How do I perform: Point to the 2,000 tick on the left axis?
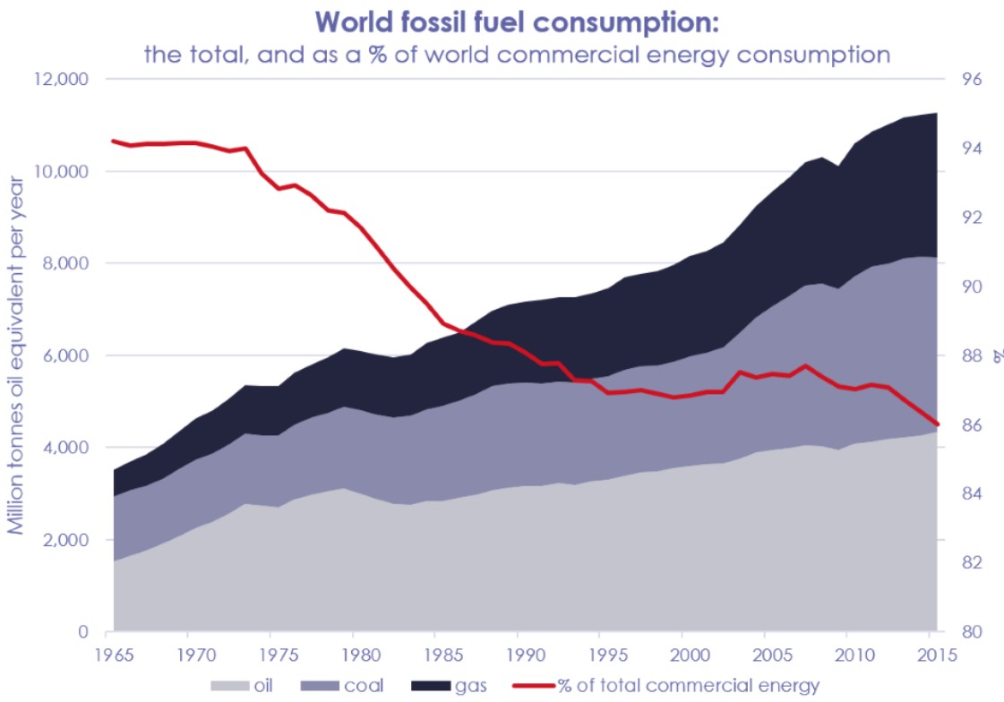tap(62, 540)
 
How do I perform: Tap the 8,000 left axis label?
tap(62, 263)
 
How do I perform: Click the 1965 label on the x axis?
tap(114, 654)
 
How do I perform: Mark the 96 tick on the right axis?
tap(972, 79)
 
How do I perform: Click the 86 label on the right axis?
tap(972, 424)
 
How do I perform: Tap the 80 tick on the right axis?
tap(972, 632)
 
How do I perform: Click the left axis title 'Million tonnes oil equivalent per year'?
tap(16, 356)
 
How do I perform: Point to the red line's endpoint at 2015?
tap(937, 424)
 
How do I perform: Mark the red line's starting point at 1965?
tap(113, 141)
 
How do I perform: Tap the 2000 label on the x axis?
tap(684, 654)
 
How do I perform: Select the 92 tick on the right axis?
tap(972, 218)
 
